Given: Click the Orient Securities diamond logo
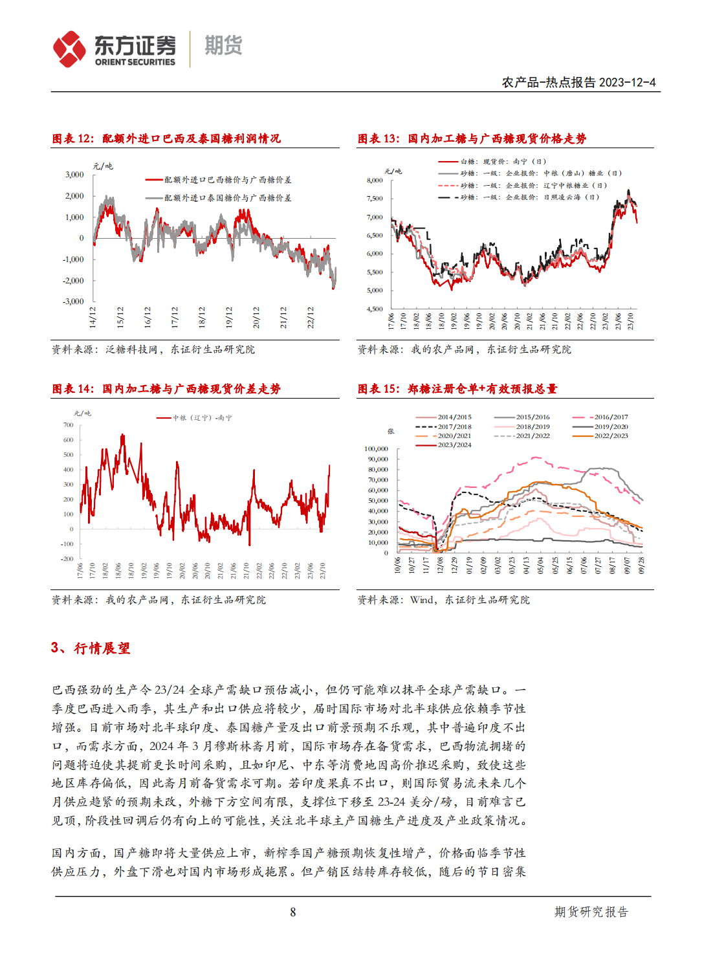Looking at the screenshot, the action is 69,49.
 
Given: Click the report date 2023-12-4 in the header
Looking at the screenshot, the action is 627,82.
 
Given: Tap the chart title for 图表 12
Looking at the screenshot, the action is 166,138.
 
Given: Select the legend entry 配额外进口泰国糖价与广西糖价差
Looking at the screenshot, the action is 227,197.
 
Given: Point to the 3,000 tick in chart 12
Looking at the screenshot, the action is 74,175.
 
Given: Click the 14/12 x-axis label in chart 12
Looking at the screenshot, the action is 93,317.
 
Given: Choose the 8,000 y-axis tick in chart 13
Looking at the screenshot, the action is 375,181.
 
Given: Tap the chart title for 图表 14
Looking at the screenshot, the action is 166,389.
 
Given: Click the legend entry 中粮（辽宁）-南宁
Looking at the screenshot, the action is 201,418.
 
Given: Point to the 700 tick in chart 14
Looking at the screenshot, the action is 68,425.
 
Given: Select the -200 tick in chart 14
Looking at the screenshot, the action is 67,558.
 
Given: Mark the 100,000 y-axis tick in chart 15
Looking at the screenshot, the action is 376,448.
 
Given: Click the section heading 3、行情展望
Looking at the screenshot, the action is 91,648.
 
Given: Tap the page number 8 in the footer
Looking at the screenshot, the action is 293,912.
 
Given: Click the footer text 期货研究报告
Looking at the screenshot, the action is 591,912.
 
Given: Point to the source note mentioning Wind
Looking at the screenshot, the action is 443,600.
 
